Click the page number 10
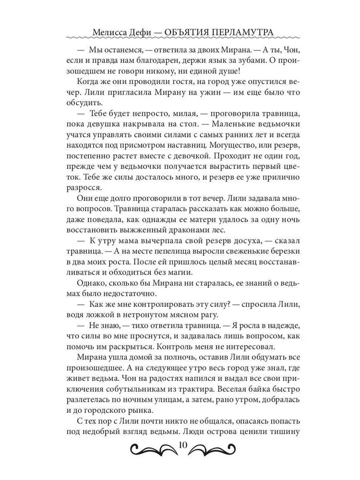tap(182, 444)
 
